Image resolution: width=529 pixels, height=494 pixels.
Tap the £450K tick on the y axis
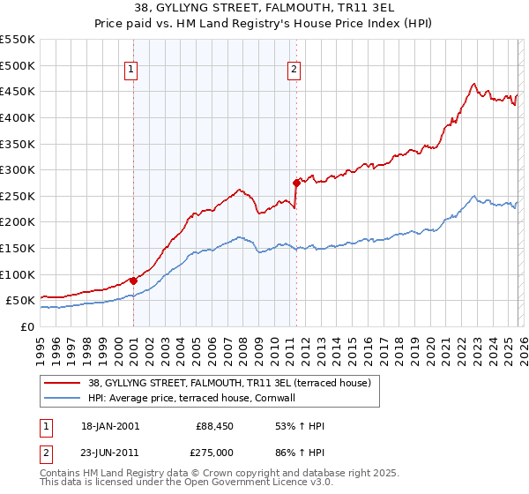click(18, 91)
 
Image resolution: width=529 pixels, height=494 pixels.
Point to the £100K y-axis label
click(18, 274)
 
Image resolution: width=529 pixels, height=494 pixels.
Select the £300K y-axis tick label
click(18, 169)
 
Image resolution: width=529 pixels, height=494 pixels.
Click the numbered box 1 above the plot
click(131, 70)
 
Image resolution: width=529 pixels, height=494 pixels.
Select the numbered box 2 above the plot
click(294, 70)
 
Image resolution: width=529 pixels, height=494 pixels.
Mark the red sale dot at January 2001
click(133, 281)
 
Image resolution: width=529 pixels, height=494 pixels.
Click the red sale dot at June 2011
click(296, 183)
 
